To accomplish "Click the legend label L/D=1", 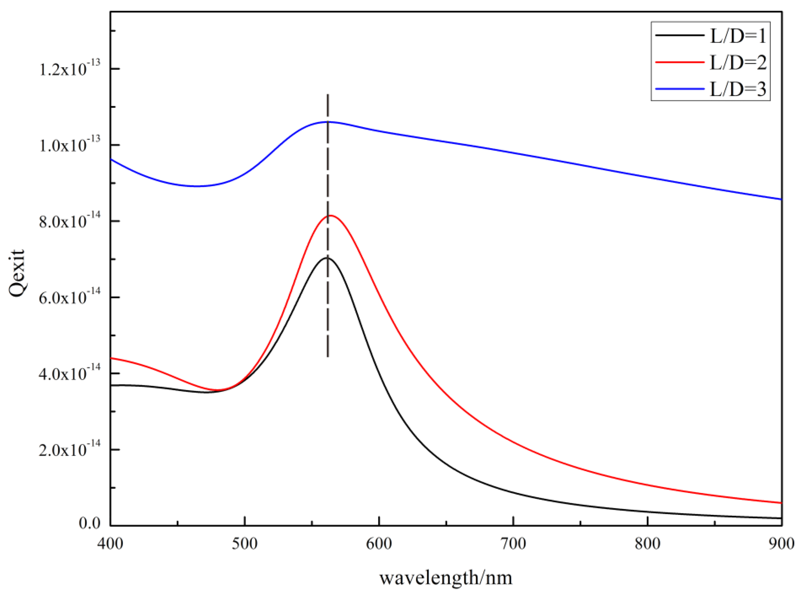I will (x=738, y=36).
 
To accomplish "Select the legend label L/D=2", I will (x=738, y=63).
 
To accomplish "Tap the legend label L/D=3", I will (x=738, y=89).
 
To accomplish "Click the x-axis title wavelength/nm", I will (x=446, y=578).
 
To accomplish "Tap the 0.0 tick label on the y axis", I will (x=90, y=523).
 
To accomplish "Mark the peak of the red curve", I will (x=330, y=215).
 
